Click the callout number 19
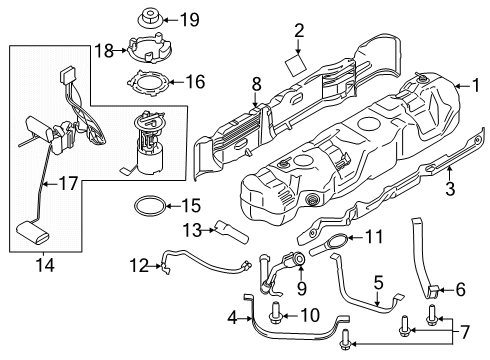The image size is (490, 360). pyautogui.click(x=190, y=20)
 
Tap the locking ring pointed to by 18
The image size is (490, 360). pyautogui.click(x=149, y=49)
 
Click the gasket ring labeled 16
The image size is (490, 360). pyautogui.click(x=149, y=83)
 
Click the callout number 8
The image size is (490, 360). pyautogui.click(x=256, y=85)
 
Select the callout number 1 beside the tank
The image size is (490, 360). pyautogui.click(x=476, y=85)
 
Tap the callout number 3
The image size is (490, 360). pyautogui.click(x=450, y=188)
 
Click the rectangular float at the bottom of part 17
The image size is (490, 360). pyautogui.click(x=33, y=232)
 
